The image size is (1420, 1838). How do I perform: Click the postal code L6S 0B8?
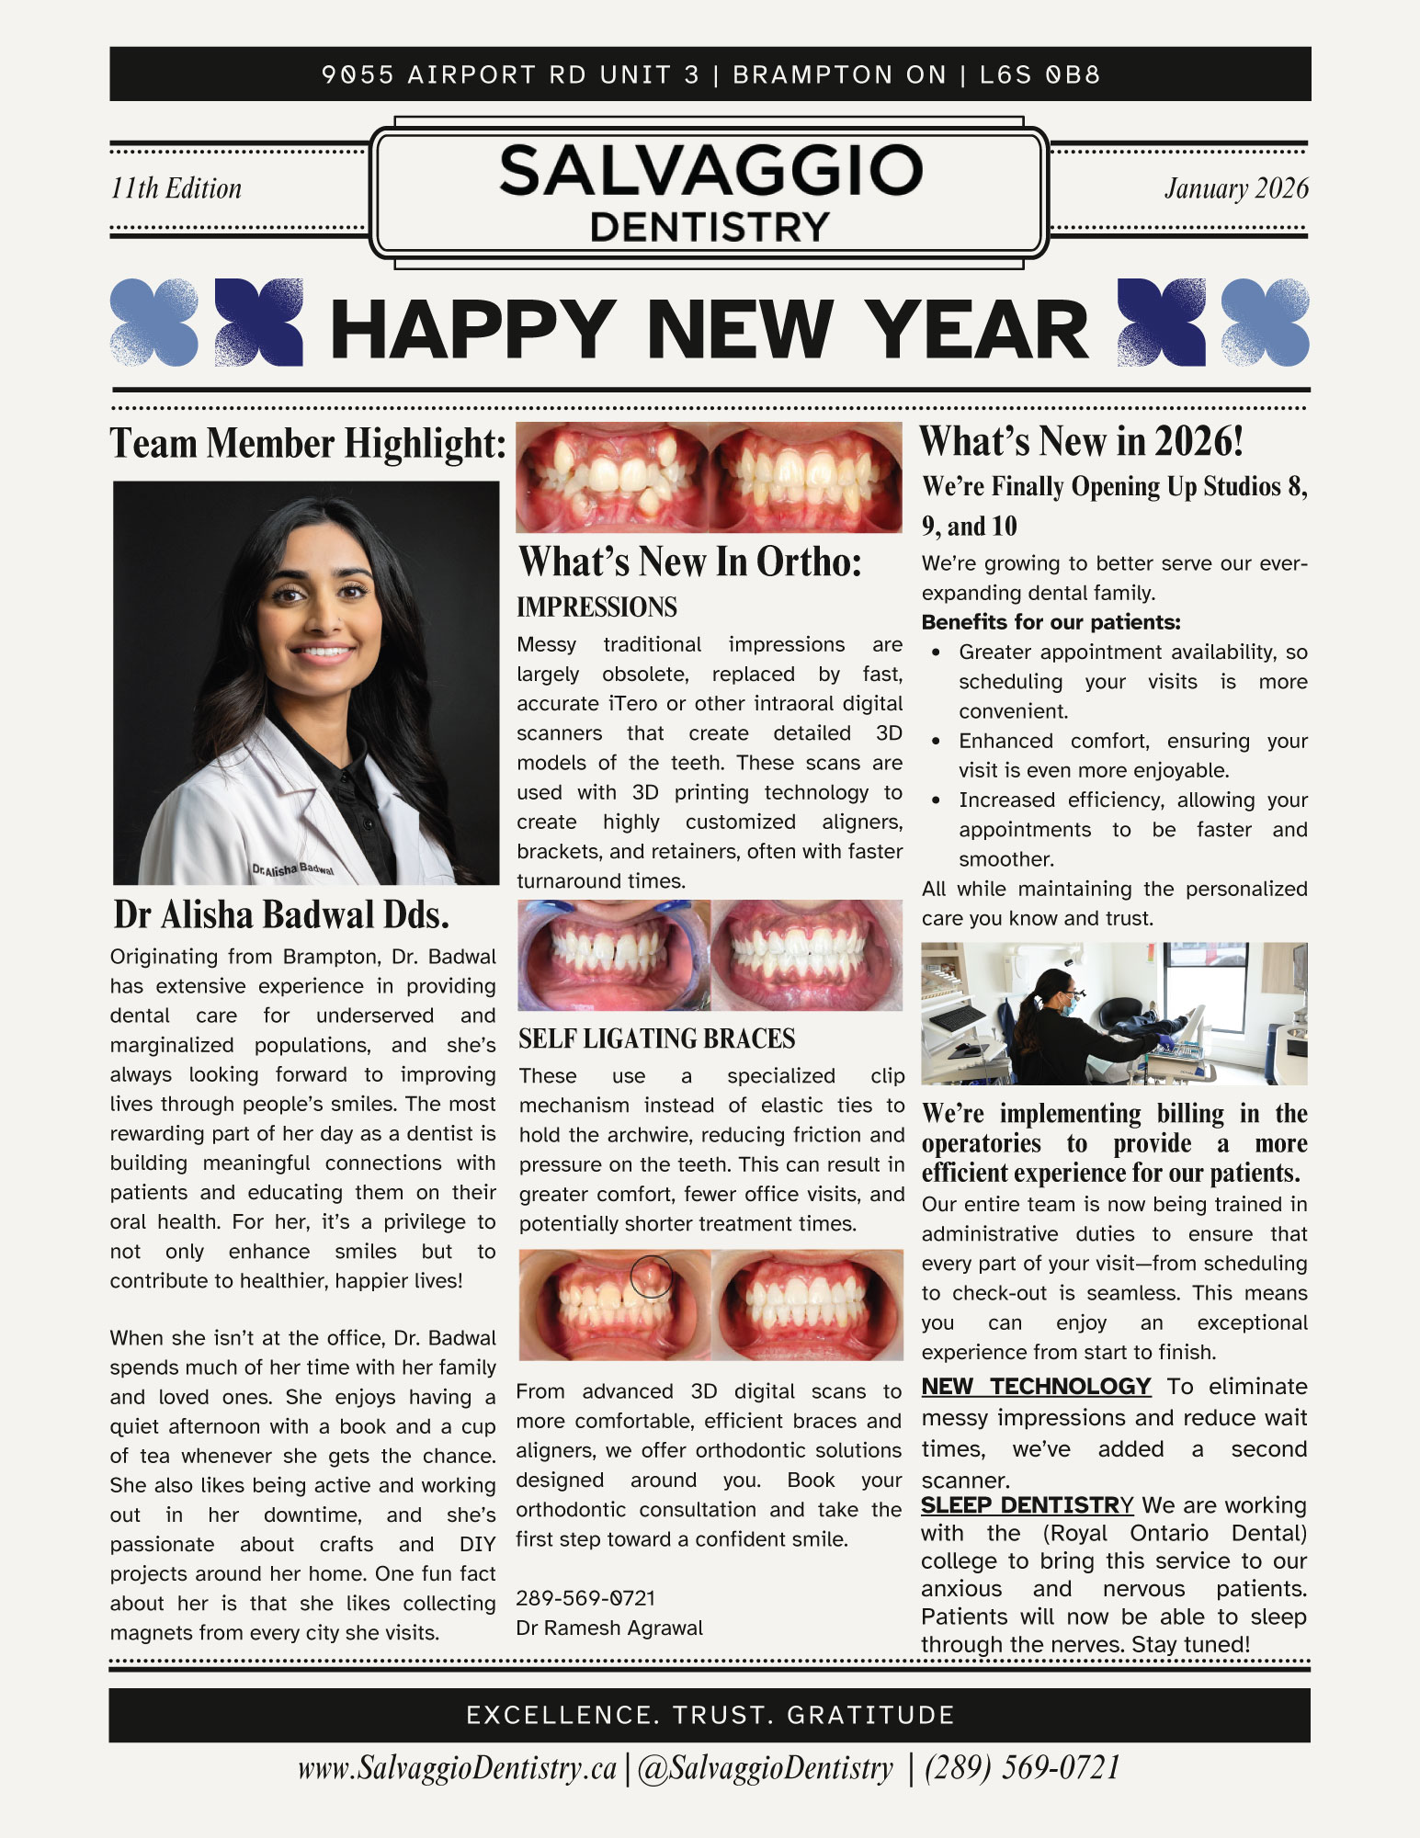point(1039,74)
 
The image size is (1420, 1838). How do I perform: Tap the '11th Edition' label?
point(176,188)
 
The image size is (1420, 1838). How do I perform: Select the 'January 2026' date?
point(1236,188)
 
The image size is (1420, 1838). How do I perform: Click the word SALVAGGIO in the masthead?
point(710,171)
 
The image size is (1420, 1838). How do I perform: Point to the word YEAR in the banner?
point(977,330)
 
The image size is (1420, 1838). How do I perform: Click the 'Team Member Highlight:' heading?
point(308,443)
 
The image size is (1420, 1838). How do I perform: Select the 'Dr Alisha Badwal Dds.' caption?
point(281,915)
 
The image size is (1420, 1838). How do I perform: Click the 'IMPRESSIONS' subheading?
point(596,607)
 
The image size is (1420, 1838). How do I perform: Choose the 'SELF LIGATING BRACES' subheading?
point(656,1039)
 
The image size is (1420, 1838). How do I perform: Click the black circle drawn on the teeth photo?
point(651,1276)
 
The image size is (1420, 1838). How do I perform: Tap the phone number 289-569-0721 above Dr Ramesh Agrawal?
point(585,1598)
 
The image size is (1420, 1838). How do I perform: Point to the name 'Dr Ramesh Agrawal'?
point(609,1628)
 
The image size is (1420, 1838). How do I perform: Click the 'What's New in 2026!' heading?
point(1081,442)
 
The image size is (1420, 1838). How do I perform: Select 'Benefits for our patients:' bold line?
point(1051,622)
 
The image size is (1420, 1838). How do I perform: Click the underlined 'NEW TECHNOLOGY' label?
point(1036,1387)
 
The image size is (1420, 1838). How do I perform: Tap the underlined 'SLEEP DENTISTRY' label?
point(1027,1505)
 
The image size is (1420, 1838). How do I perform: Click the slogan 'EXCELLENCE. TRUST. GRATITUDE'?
point(710,1715)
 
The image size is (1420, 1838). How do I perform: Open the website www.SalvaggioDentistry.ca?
point(457,1769)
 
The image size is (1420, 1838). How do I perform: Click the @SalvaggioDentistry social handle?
point(765,1769)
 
